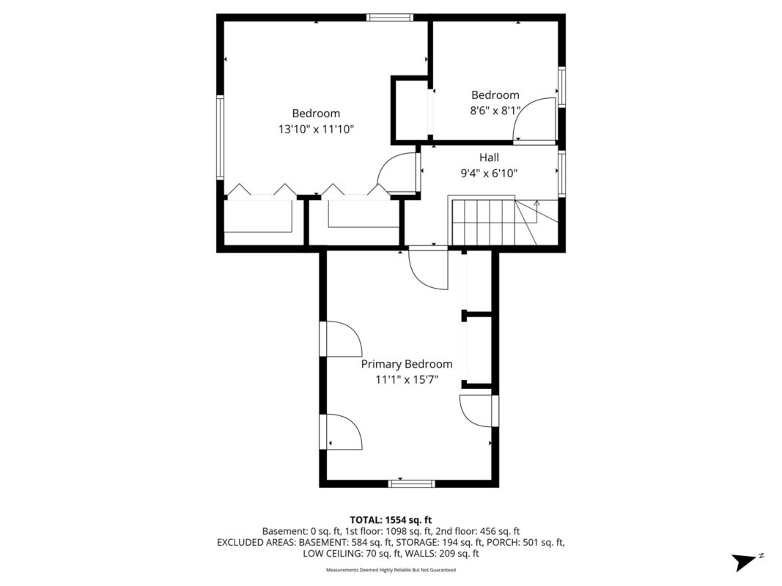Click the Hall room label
click(x=489, y=157)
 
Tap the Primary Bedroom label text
click(x=406, y=364)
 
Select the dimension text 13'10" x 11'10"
click(x=317, y=129)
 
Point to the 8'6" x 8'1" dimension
click(x=495, y=111)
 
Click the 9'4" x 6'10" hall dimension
click(x=489, y=174)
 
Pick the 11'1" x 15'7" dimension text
click(x=406, y=379)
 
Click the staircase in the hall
click(x=493, y=222)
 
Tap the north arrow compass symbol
click(x=745, y=561)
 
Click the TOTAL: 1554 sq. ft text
click(x=391, y=519)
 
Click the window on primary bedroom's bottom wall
click(x=411, y=483)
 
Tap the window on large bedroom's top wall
click(x=390, y=18)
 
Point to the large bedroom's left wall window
click(x=219, y=137)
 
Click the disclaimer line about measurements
click(x=391, y=569)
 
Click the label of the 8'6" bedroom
click(x=495, y=95)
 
